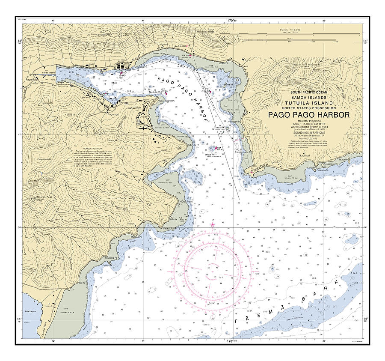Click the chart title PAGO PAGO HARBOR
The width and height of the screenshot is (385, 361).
[x=309, y=115]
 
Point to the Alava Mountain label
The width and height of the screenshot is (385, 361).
[x=103, y=35]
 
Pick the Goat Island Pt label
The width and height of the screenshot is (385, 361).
[x=156, y=101]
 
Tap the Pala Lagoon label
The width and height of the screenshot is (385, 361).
[x=29, y=307]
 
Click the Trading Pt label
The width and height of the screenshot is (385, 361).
[x=140, y=67]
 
